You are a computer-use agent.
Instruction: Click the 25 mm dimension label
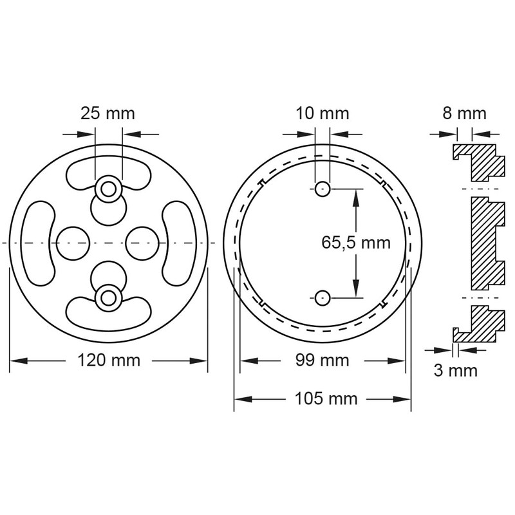point(108,114)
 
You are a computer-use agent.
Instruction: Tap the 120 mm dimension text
point(108,360)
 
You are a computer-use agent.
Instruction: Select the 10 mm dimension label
point(322,114)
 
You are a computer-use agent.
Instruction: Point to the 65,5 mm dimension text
point(356,243)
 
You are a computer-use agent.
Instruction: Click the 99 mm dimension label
point(322,360)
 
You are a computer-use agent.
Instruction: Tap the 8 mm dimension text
point(464,114)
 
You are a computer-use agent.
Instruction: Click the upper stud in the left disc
point(108,189)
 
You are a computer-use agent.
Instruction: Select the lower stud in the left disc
point(108,296)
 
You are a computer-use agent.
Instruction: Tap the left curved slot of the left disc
point(39,243)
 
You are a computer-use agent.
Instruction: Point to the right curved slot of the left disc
point(178,243)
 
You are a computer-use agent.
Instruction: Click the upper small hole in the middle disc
point(322,188)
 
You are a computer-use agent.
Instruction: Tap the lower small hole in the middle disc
point(322,297)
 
